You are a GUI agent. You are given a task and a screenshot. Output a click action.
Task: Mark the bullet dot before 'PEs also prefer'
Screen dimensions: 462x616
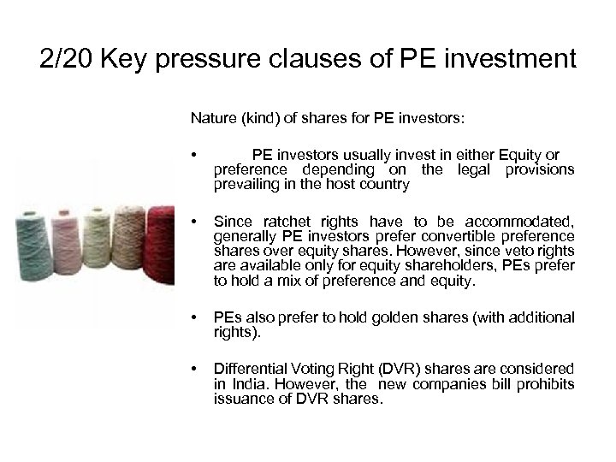click(196, 318)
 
